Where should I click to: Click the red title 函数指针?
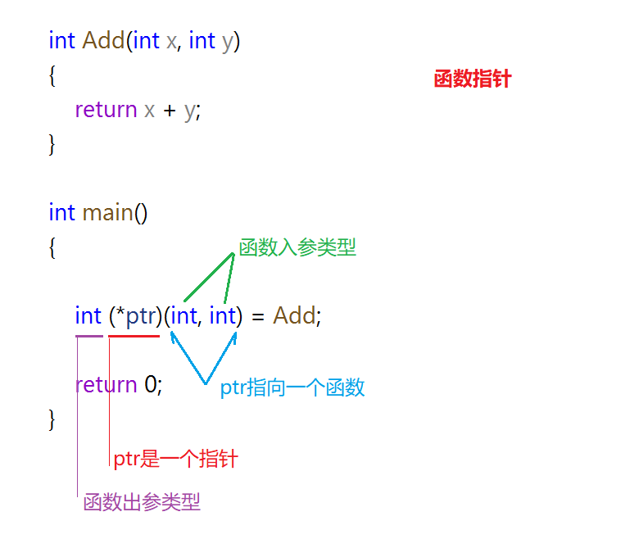(473, 79)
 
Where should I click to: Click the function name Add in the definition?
(103, 40)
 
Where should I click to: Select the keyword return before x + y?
(106, 109)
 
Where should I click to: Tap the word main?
(107, 212)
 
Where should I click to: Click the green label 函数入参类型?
(297, 247)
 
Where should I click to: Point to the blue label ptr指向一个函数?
(292, 388)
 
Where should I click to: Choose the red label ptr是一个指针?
(175, 459)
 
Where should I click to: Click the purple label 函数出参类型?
(142, 502)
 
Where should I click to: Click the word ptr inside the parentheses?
(141, 315)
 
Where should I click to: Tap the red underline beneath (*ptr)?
(134, 336)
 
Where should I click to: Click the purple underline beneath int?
(88, 336)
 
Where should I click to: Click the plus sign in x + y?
(170, 110)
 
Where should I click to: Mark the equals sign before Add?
(257, 316)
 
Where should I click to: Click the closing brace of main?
(52, 419)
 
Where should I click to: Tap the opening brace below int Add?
(52, 76)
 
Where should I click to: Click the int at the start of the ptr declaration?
(88, 315)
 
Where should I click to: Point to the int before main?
(62, 212)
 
